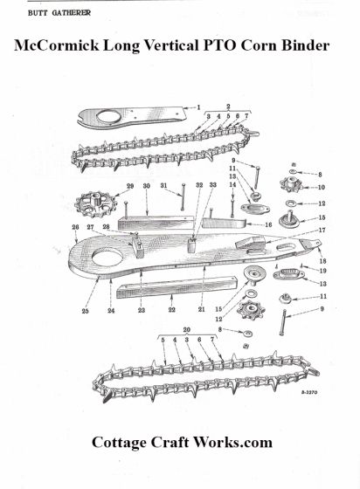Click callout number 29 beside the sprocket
(129, 187)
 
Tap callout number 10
(321, 187)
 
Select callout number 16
(268, 224)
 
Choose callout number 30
(147, 187)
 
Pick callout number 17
(321, 231)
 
